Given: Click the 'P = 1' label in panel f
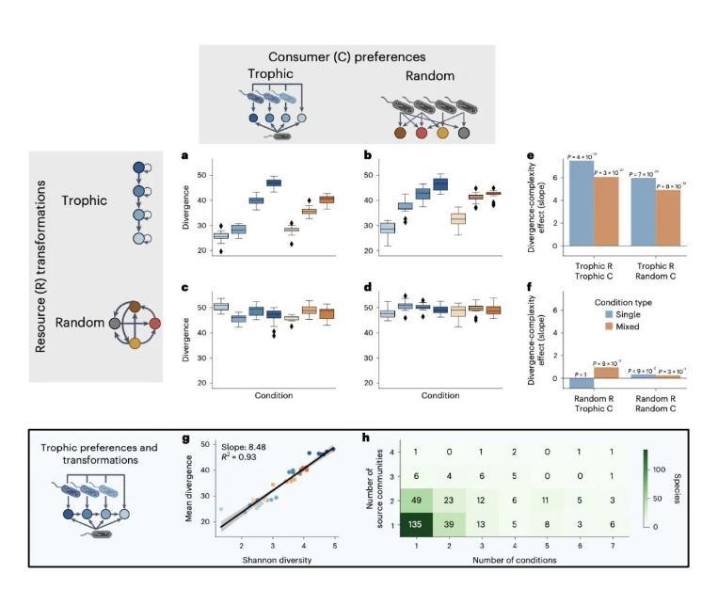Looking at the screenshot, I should tap(580, 373).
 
